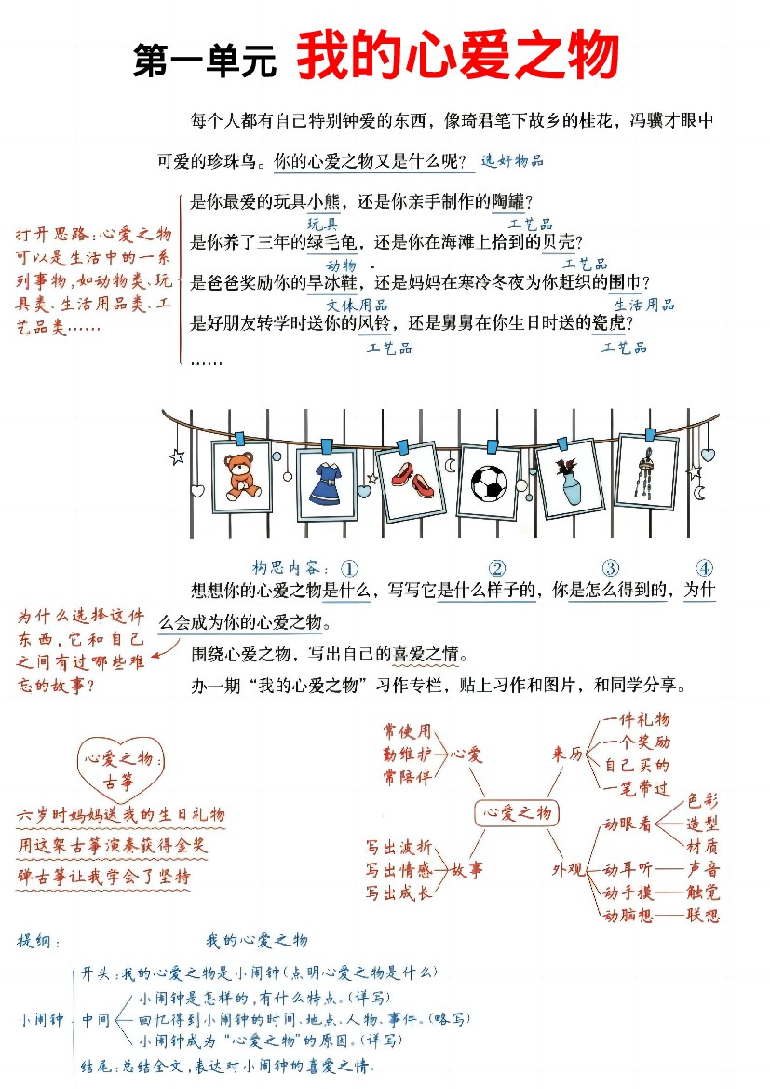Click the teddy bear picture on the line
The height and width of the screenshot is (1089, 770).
coord(242,476)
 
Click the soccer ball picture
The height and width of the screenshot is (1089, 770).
coord(489,483)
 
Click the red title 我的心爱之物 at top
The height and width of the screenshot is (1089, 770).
coord(458,55)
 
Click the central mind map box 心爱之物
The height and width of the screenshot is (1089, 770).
coord(517,812)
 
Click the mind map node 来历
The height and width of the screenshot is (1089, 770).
coord(567,754)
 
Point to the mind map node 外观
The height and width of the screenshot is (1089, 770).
coord(568,869)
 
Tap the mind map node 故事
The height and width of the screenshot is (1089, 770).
coord(466,869)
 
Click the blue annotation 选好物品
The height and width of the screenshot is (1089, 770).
coord(512,161)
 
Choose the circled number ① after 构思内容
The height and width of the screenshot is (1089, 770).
coord(349,569)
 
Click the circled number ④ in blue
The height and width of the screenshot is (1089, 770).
coord(705,568)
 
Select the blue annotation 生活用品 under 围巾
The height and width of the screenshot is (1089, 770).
coord(644,305)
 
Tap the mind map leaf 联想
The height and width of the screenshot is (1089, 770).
coord(703,915)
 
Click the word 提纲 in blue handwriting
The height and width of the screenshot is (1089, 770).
coord(34,942)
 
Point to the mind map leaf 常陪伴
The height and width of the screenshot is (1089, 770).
coord(407,777)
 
